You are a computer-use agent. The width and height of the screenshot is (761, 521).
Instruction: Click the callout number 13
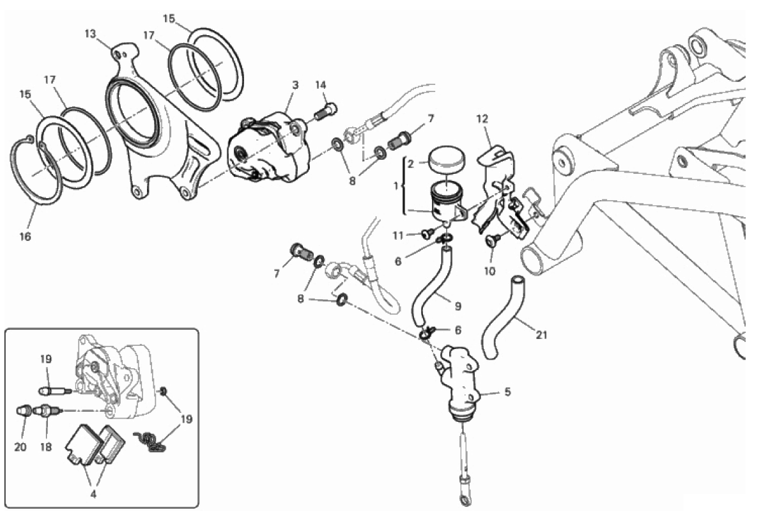(90, 34)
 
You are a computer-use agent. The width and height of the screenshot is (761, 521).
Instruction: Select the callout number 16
(25, 237)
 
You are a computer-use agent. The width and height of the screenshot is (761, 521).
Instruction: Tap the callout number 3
(295, 85)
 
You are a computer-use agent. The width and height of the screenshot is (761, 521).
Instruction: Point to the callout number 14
(320, 85)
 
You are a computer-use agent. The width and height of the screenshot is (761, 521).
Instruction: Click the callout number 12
(482, 119)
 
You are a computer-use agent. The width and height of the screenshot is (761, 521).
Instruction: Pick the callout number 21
(541, 335)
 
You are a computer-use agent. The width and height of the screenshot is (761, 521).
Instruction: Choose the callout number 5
(508, 392)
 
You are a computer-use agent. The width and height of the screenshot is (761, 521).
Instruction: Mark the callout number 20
(20, 447)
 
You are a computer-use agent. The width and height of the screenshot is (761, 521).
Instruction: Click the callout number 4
(93, 494)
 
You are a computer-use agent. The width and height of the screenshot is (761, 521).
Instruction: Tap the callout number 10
(489, 272)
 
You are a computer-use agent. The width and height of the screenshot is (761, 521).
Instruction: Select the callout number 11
(398, 236)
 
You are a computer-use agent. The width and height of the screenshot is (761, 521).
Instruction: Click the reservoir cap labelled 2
(446, 160)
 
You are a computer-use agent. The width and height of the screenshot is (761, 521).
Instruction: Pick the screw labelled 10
(493, 239)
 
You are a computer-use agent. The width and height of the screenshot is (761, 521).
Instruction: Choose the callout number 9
(457, 307)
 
